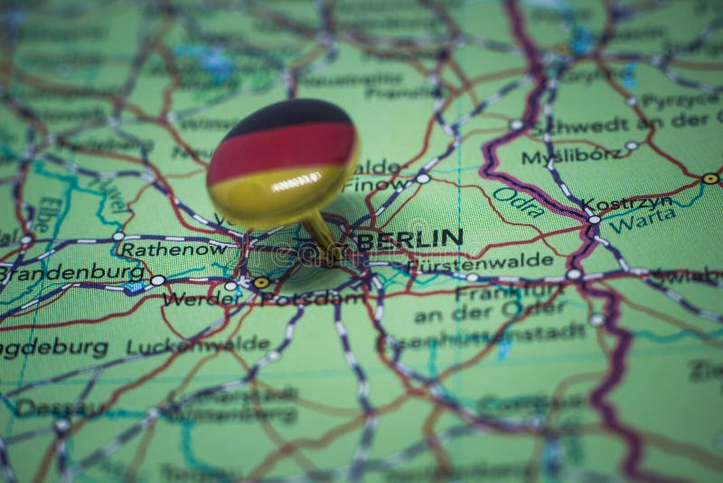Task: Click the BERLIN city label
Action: [x=409, y=239]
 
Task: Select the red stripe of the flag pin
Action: [x=282, y=150]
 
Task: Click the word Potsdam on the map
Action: [x=312, y=298]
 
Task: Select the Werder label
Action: [x=190, y=298]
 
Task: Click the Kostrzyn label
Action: [x=627, y=203]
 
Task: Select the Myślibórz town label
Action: [x=571, y=156]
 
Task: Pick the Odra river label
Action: [x=518, y=202]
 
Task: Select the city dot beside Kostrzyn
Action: [x=594, y=218]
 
